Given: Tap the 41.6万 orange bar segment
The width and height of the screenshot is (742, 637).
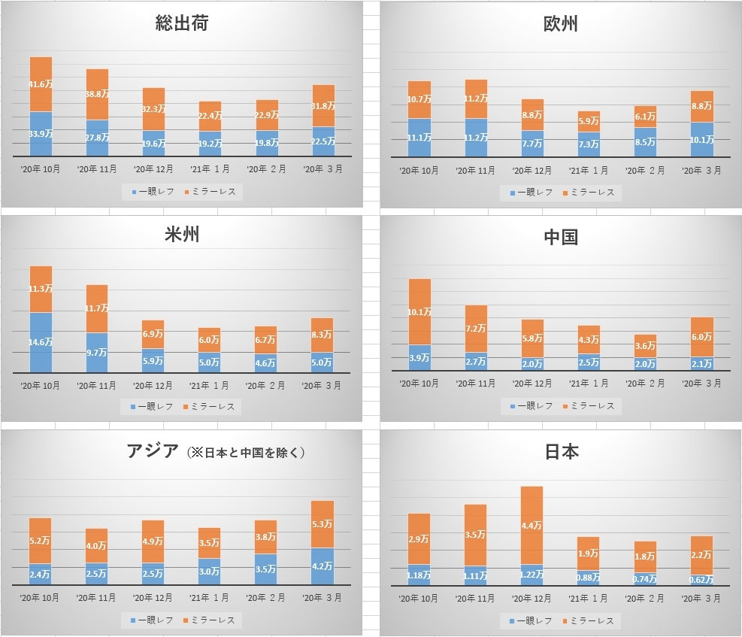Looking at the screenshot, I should coord(41,85).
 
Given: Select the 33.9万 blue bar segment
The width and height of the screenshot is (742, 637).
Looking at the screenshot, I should coord(41,133).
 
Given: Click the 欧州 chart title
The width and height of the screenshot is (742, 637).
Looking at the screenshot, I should coord(560,23).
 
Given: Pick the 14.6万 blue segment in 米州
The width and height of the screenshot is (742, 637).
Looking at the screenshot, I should coord(41,341).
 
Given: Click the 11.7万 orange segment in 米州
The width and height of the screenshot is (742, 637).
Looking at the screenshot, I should coord(97,308).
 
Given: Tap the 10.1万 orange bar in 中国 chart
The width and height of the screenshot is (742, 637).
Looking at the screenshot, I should coord(419,311).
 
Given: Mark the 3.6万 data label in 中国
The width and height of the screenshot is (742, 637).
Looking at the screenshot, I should coord(645,346).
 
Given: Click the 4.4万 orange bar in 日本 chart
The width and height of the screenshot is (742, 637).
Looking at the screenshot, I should coord(532,525).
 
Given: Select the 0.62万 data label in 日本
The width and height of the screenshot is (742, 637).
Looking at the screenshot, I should coord(701,580).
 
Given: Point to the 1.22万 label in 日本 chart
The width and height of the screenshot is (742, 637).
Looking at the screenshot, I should coord(532,575).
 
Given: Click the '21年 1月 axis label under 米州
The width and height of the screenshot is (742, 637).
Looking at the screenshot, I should coord(209,385).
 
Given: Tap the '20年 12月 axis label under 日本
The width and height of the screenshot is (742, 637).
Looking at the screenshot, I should coord(532,599).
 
